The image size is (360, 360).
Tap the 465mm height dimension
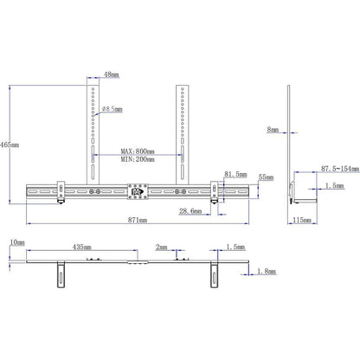tap(9, 143)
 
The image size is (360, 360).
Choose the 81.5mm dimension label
tap(234, 174)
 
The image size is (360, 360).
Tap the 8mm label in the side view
tap(273, 130)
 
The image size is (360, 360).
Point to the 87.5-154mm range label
tap(333, 169)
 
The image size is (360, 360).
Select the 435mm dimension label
tap(83, 247)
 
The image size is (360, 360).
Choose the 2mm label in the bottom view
tap(162, 247)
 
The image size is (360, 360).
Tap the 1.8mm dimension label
tap(267, 272)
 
